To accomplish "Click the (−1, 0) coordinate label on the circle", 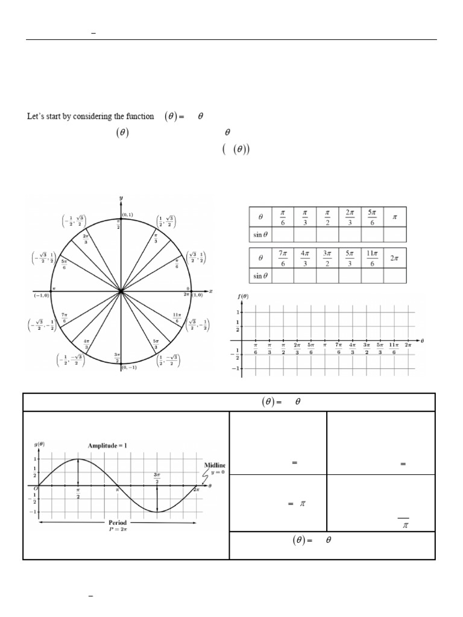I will pyautogui.click(x=42, y=295).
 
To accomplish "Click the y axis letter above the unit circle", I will pyautogui.click(x=121, y=198).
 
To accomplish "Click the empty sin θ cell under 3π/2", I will pyautogui.click(x=327, y=275).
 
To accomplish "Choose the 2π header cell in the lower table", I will pyautogui.click(x=395, y=257).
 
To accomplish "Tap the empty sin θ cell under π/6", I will pyautogui.click(x=282, y=234).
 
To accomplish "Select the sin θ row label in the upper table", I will pyautogui.click(x=260, y=234).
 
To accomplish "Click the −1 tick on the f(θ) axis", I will pyautogui.click(x=237, y=367).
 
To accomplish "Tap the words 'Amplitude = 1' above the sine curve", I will pyautogui.click(x=102, y=445).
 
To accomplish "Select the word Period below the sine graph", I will pyautogui.click(x=118, y=522).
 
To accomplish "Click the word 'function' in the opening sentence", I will pyautogui.click(x=140, y=116).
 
